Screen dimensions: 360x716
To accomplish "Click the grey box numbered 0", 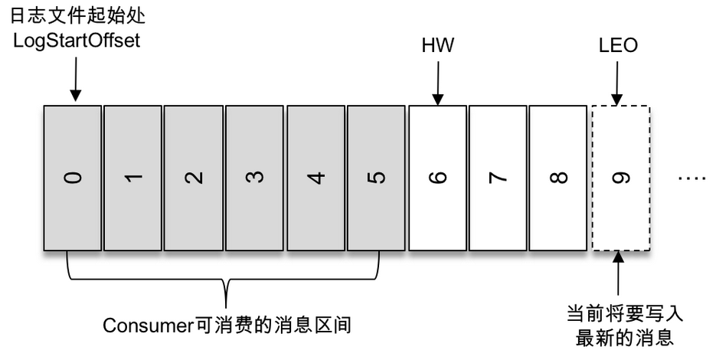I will coord(72,178).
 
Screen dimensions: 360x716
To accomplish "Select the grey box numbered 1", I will coord(132,178).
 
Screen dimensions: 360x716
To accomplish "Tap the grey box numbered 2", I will coord(194,178).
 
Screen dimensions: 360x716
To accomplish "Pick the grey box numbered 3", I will coord(254,178).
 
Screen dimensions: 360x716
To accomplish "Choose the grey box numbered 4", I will coord(315,178).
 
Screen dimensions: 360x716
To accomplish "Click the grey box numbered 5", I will coord(376,178).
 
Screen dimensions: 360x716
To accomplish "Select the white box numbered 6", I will coord(437,178).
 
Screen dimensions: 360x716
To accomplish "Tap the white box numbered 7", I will coord(498,178).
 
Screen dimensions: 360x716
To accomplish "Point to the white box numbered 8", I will coord(559,178).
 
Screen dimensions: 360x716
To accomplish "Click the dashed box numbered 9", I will coord(620,178).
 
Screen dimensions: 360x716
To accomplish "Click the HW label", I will coord(437,45).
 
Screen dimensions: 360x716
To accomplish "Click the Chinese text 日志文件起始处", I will coord(76,15).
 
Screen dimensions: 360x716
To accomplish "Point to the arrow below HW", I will coord(437,83).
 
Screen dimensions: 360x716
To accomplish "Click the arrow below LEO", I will coord(618,83).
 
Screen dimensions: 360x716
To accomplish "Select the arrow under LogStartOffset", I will coord(75,80).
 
